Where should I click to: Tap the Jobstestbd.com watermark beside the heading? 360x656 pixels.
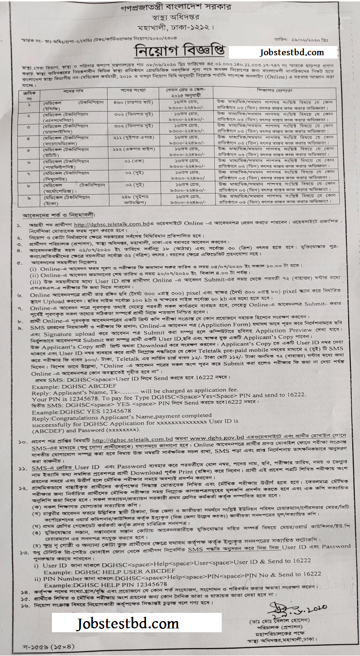coord(285,52)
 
